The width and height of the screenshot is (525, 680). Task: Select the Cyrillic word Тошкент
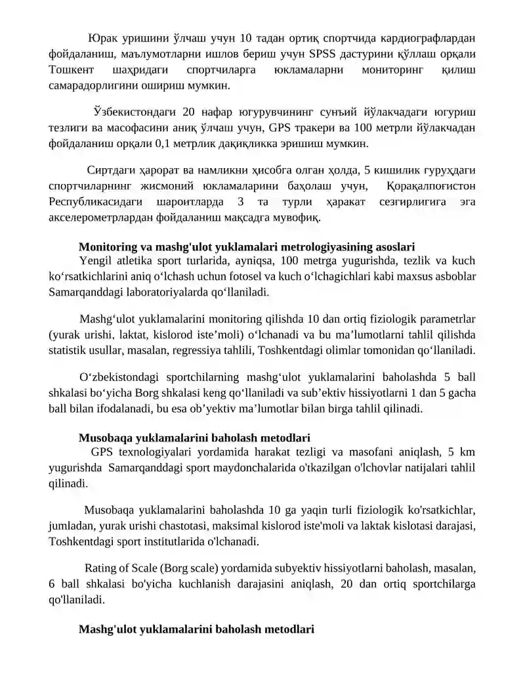[x=72, y=70]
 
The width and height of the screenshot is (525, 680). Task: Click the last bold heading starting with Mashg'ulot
[x=196, y=629]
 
